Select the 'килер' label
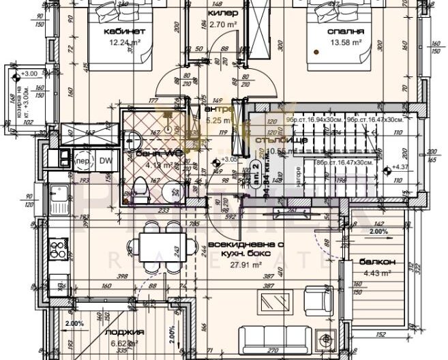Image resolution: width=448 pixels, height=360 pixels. [223, 13]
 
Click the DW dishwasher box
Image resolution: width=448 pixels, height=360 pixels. [105, 160]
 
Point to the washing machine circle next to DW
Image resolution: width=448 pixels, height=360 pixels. [83, 161]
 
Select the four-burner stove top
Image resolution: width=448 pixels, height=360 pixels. [57, 248]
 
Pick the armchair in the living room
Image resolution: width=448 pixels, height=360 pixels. [316, 299]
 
